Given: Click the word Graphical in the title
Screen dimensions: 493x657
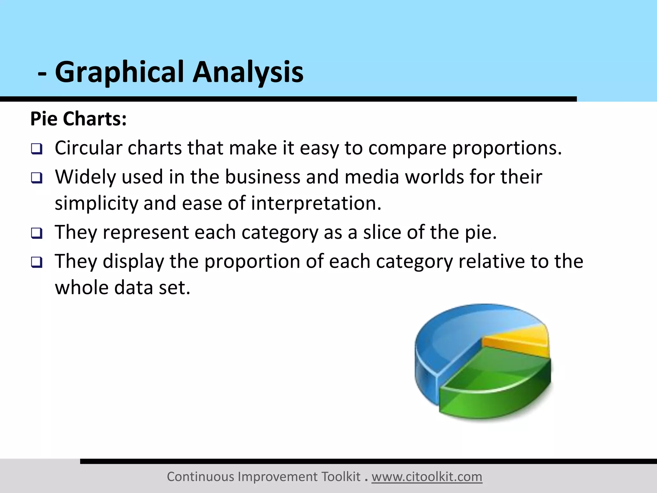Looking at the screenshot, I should pyautogui.click(x=119, y=72).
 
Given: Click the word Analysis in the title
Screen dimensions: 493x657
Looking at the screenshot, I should pyautogui.click(x=248, y=72).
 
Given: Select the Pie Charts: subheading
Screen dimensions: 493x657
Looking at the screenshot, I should pyautogui.click(x=79, y=119).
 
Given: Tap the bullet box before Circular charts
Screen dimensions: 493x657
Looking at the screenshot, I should pyautogui.click(x=37, y=149).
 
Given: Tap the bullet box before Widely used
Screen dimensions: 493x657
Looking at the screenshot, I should pyautogui.click(x=37, y=178).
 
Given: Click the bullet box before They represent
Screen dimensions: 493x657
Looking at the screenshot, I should pyautogui.click(x=37, y=233).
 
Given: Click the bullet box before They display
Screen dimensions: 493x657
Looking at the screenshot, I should pyautogui.click(x=37, y=262).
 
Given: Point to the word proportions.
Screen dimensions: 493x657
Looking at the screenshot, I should pyautogui.click(x=507, y=149).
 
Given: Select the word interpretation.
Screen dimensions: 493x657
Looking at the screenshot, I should pyautogui.click(x=316, y=203).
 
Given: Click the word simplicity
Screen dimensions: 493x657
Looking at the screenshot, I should pyautogui.click(x=96, y=203).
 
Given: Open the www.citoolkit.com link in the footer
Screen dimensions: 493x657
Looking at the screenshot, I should pyautogui.click(x=427, y=477).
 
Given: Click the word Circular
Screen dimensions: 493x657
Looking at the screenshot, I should pyautogui.click(x=89, y=148).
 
